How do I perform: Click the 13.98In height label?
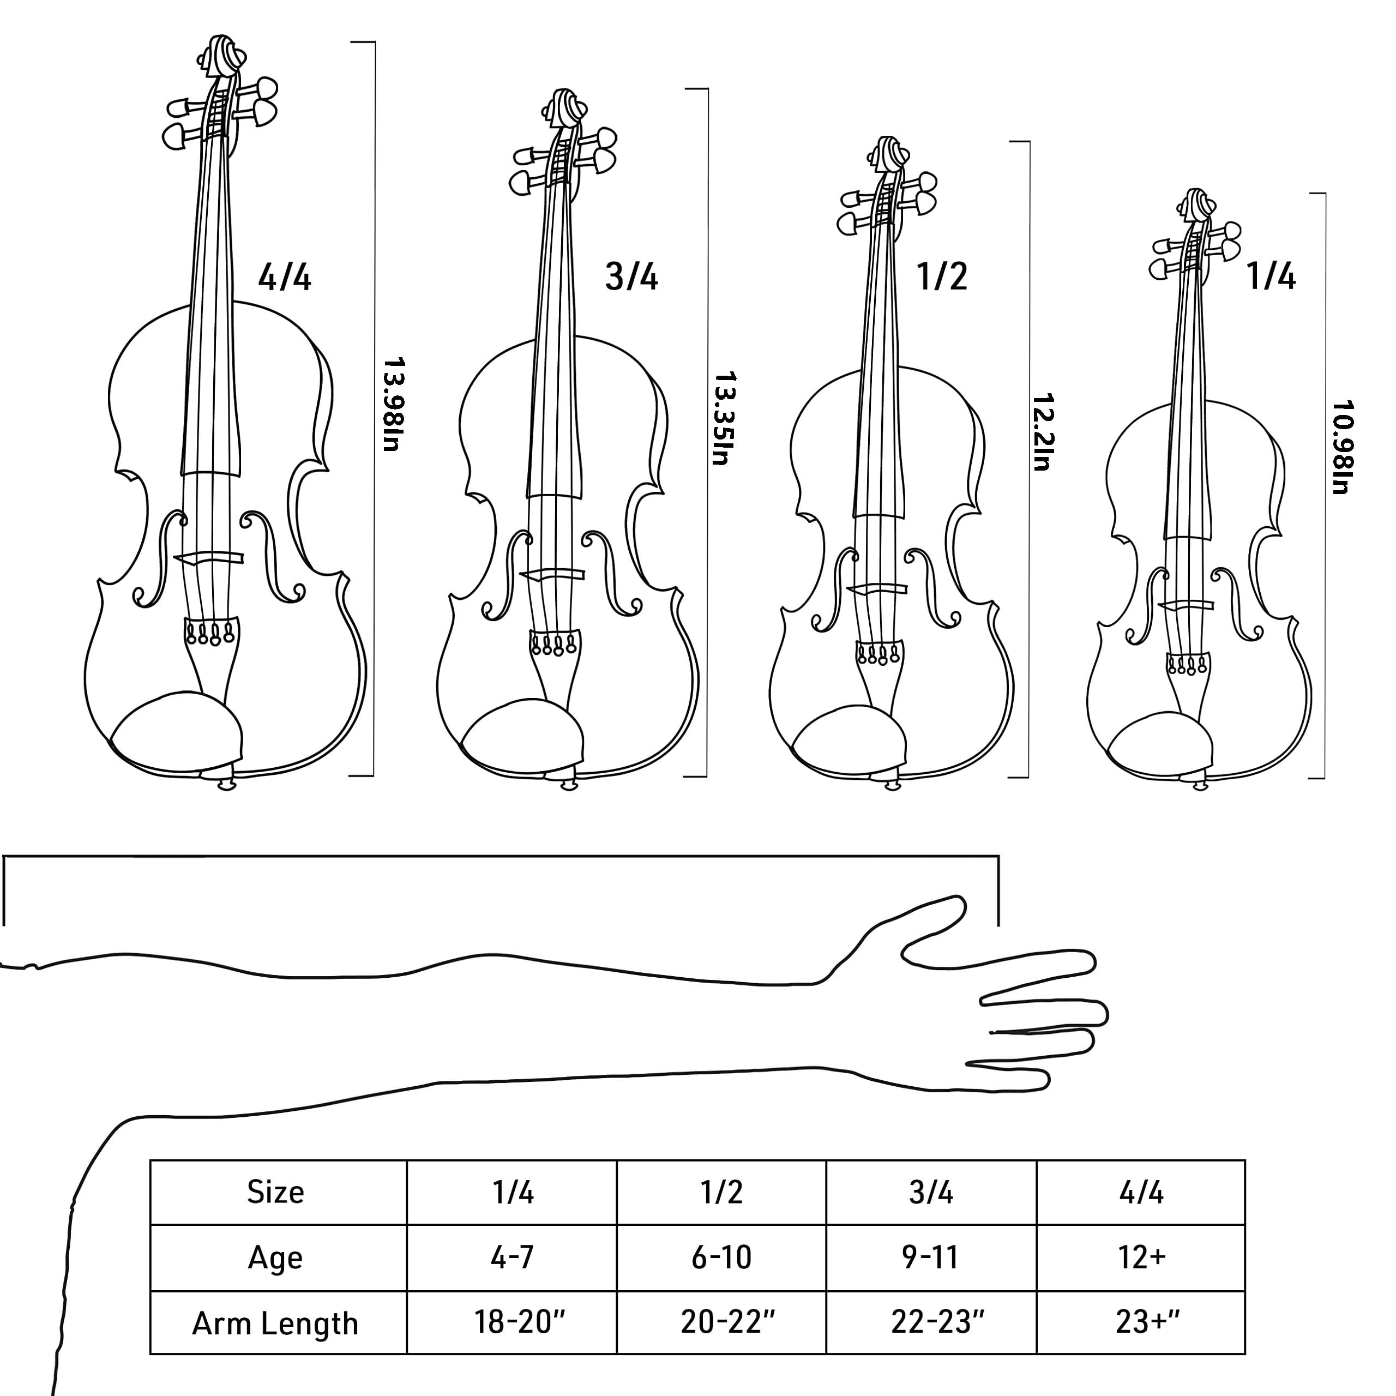(x=393, y=404)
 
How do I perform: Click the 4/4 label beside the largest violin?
(x=285, y=278)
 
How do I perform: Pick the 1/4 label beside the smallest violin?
(x=1271, y=278)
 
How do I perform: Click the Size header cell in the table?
(x=275, y=1192)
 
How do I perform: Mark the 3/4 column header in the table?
(x=931, y=1192)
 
